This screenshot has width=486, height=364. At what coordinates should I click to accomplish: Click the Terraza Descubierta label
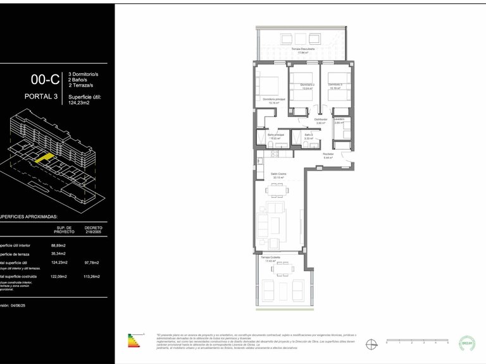[x=300, y=50]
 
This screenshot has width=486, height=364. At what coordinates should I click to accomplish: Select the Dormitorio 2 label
[x=306, y=87]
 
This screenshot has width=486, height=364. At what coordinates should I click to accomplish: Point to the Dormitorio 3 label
[x=335, y=87]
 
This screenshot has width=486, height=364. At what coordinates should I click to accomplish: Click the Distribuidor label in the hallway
[x=320, y=121]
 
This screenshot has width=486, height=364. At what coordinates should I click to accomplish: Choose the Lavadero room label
[x=339, y=121]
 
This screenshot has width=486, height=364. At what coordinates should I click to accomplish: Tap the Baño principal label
[x=276, y=136]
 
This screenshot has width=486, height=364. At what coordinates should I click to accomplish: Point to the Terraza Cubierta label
[x=270, y=258]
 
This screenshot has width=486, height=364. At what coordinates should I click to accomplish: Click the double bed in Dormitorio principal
[x=271, y=85]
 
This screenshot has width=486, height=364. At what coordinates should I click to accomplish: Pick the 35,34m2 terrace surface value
[x=58, y=254]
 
